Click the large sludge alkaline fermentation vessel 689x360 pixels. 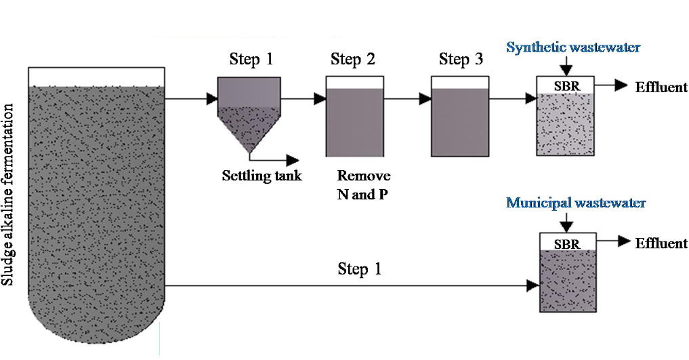96,197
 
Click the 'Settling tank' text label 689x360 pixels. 262,177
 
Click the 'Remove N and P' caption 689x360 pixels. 364,184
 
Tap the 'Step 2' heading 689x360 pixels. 352,60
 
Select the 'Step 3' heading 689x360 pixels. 461,60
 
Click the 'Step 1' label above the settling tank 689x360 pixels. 251,60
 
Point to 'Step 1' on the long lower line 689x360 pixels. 359,269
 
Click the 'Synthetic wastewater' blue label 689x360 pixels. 573,47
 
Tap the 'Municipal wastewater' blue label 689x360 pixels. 576,203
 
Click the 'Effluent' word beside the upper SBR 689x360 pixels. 661,87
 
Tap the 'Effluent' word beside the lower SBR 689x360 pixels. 661,243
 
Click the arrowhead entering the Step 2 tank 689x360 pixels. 319,99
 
